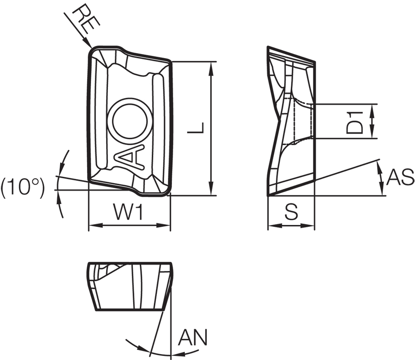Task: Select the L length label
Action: pyautogui.click(x=196, y=128)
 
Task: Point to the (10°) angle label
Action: pyautogui.click(x=22, y=188)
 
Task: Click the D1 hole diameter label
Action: pyautogui.click(x=355, y=121)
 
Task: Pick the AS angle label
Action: pyautogui.click(x=400, y=178)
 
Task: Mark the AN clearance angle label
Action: pyautogui.click(x=192, y=337)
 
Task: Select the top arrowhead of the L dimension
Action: pyautogui.click(x=211, y=65)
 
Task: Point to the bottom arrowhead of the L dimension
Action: pyautogui.click(x=211, y=191)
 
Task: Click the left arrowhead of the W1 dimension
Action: pyautogui.click(x=93, y=225)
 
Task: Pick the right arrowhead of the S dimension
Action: pyautogui.click(x=311, y=225)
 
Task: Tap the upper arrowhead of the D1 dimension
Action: pyautogui.click(x=372, y=108)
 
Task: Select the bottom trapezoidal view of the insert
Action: pyautogui.click(x=129, y=286)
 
